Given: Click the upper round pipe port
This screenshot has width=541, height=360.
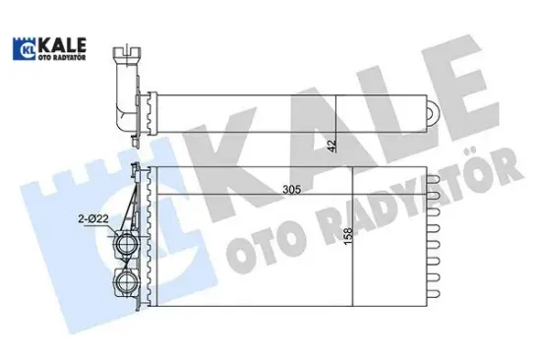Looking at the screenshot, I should [x=126, y=242].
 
